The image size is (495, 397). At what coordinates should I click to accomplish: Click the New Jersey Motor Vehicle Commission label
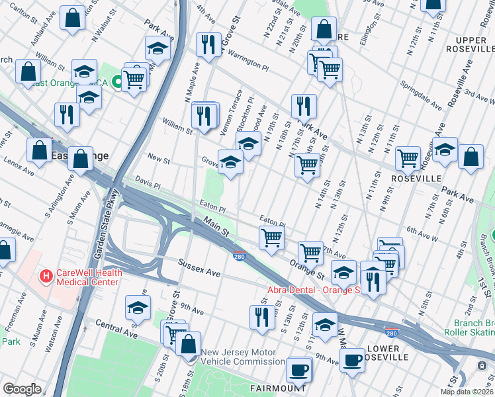pyautogui.click(x=243, y=357)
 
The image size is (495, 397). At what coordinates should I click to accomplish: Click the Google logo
pyautogui.click(x=22, y=389)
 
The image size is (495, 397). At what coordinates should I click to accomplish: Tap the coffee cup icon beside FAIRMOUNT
pyautogui.click(x=299, y=369)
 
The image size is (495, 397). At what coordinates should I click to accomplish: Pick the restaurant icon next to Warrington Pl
pyautogui.click(x=208, y=44)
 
